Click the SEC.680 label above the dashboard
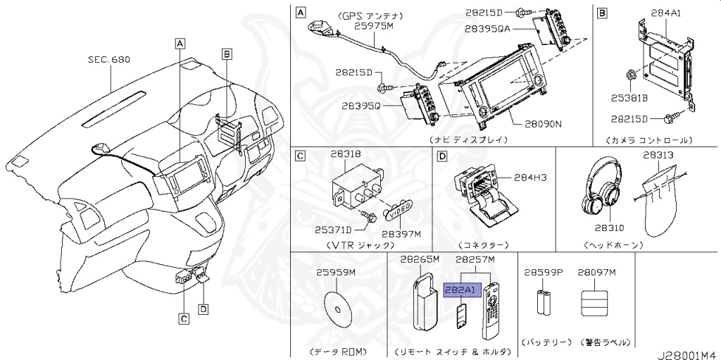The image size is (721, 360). point(109,61)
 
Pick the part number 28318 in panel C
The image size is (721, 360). point(346,153)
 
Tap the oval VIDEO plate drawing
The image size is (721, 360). point(398,209)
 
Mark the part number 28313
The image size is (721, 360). point(658,154)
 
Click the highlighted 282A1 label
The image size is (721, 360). point(462,290)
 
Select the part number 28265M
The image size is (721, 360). point(420,260)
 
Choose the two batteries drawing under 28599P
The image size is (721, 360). point(546,302)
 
